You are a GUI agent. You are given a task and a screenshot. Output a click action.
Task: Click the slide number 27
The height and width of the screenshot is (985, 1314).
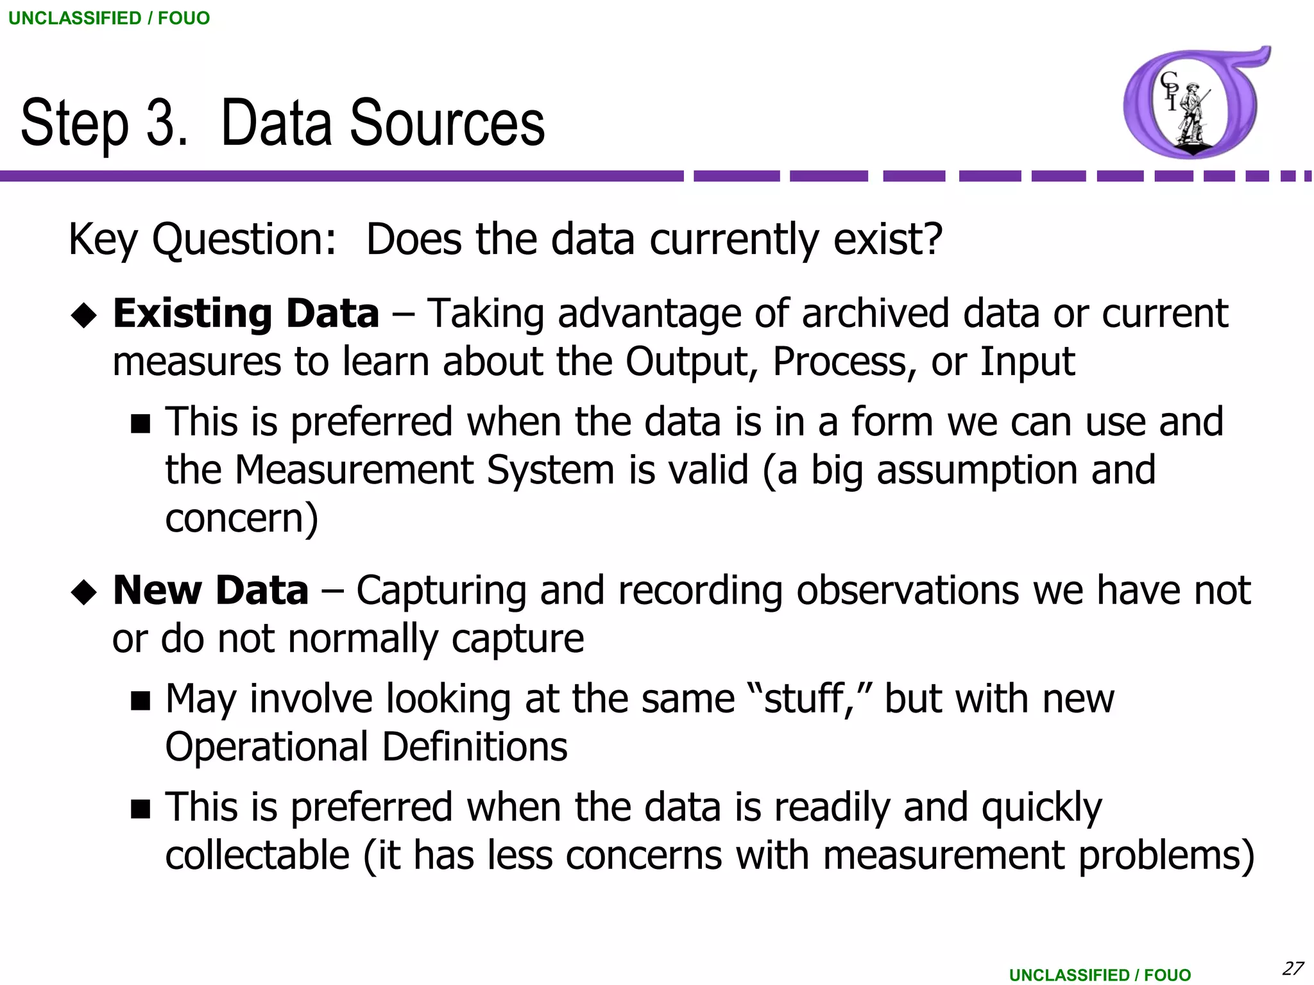[x=1293, y=968]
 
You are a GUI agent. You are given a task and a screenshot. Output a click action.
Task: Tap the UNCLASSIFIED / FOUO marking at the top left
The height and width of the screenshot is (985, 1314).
[x=109, y=18]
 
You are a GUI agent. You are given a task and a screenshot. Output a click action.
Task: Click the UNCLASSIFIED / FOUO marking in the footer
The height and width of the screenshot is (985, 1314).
[x=1100, y=975]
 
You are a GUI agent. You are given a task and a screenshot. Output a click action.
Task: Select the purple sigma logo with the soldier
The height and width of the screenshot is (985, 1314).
[x=1195, y=103]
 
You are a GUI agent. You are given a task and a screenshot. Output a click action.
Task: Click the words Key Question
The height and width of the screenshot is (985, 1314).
[x=201, y=240]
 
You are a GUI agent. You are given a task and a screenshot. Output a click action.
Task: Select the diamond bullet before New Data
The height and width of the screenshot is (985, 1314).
[x=84, y=592]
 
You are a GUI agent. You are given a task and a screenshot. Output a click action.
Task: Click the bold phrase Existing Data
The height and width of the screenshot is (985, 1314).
[x=246, y=314]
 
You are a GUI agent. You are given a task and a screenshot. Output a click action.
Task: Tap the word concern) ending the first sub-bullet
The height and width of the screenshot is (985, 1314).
[x=241, y=518]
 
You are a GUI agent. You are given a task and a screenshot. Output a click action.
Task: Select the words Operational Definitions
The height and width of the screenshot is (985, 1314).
[x=366, y=747]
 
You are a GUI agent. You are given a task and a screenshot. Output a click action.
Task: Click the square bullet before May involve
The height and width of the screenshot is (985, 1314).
[x=140, y=701]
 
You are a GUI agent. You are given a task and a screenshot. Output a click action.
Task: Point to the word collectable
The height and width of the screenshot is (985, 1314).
[x=257, y=855]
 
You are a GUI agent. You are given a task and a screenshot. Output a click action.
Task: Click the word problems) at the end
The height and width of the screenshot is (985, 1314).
[x=1166, y=855]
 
